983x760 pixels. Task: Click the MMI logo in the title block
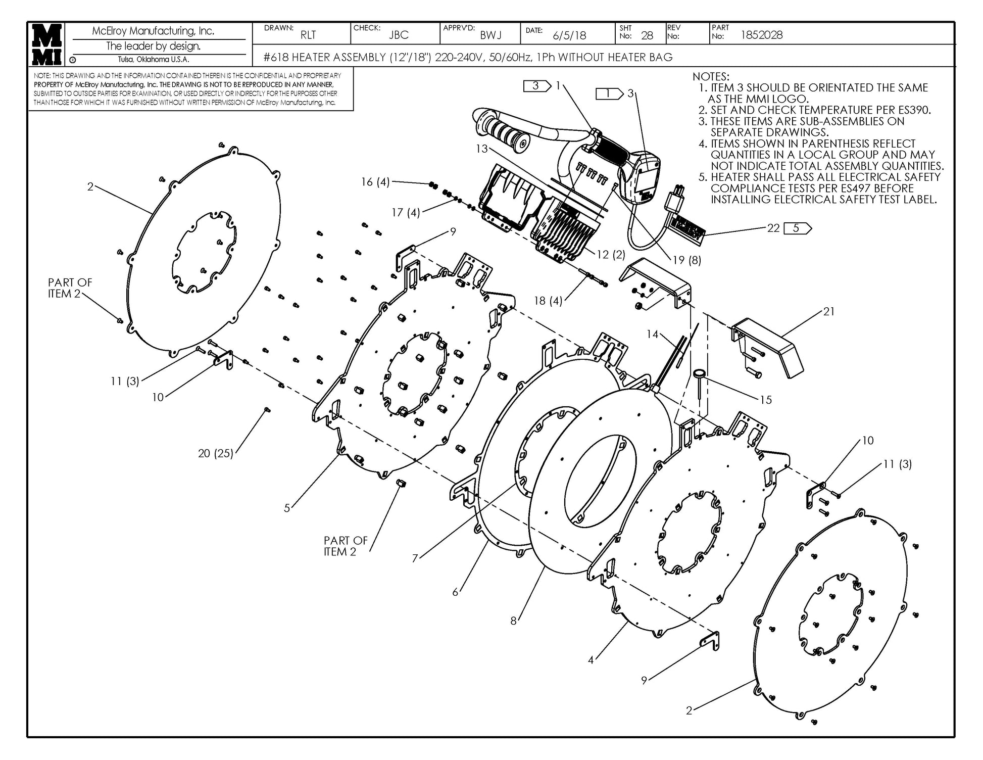pyautogui.click(x=47, y=44)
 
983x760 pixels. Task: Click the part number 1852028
pyautogui.click(x=761, y=35)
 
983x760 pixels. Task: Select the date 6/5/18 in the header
pyautogui.click(x=569, y=35)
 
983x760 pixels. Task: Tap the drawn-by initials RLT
pyautogui.click(x=308, y=35)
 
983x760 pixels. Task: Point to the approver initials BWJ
pyautogui.click(x=490, y=35)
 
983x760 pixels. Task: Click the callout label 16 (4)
pyautogui.click(x=375, y=182)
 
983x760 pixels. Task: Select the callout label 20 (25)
pyautogui.click(x=216, y=453)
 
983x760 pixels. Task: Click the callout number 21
pyautogui.click(x=829, y=312)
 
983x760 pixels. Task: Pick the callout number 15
pyautogui.click(x=766, y=400)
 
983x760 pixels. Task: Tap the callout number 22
pyautogui.click(x=773, y=228)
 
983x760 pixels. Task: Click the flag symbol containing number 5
pyautogui.click(x=797, y=228)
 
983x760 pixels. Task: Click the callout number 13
pyautogui.click(x=481, y=149)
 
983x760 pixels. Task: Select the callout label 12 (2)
pyautogui.click(x=611, y=255)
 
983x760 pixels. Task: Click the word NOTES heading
pyautogui.click(x=711, y=77)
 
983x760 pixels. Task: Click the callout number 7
pyautogui.click(x=415, y=558)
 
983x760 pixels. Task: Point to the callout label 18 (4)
pyautogui.click(x=548, y=301)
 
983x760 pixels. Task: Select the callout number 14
pyautogui.click(x=653, y=334)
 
